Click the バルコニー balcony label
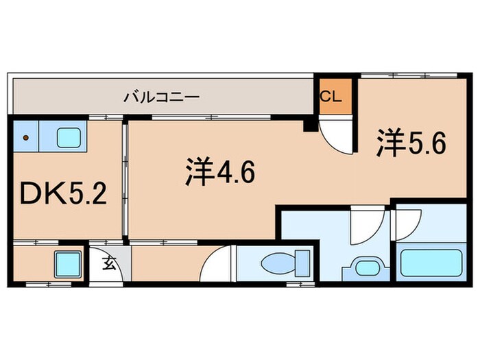pos(161,97)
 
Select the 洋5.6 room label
pos(411,144)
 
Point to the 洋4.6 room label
pos(219,173)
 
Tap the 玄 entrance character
pos(109,263)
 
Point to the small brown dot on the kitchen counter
pos(26,138)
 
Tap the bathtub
pos(430,265)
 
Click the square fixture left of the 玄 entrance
pos(68,263)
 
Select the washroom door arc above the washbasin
pos(359,228)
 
